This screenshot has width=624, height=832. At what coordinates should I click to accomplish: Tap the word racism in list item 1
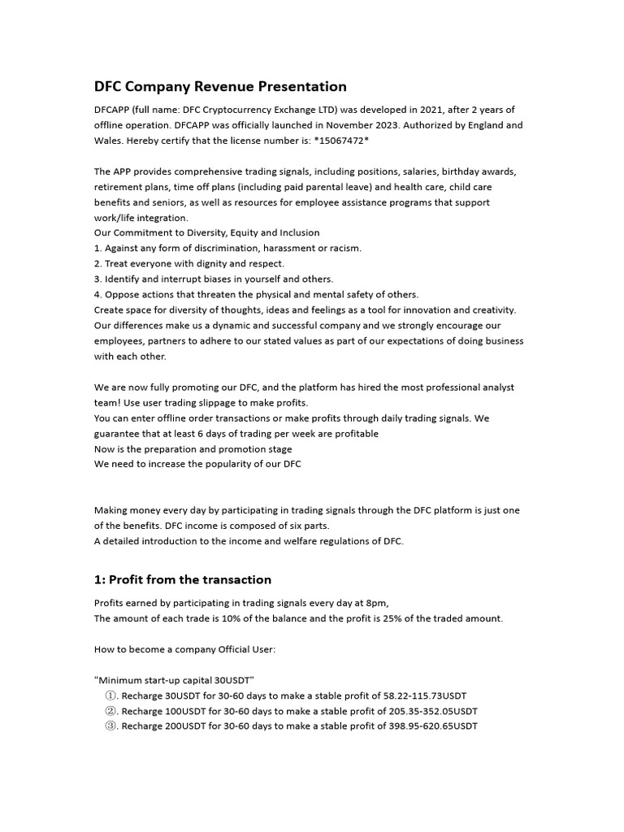tap(343, 249)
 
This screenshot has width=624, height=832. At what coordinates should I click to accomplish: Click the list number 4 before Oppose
tap(97, 295)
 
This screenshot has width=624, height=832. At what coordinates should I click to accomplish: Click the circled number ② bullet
tap(111, 712)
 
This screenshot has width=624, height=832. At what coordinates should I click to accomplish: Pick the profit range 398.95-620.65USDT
tap(432, 727)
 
